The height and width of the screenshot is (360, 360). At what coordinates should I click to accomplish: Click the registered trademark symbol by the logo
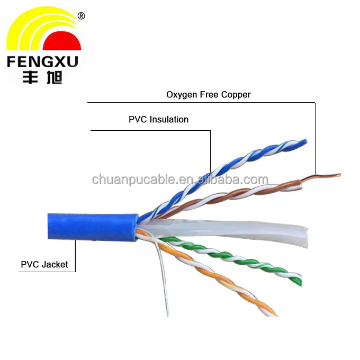pyautogui.click(x=82, y=16)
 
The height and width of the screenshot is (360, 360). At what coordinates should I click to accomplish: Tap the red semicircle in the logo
pyautogui.click(x=62, y=42)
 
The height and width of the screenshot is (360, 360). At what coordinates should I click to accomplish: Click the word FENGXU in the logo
pyautogui.click(x=42, y=61)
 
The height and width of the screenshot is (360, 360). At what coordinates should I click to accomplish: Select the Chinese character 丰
pyautogui.click(x=30, y=77)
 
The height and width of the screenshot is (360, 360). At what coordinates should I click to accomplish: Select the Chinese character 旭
pyautogui.click(x=54, y=77)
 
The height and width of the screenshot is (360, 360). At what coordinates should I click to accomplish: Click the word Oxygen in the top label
pyautogui.click(x=182, y=95)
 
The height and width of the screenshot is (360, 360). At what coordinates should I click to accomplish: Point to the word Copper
pyautogui.click(x=236, y=95)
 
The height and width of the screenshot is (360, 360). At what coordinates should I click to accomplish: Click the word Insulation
pyautogui.click(x=169, y=120)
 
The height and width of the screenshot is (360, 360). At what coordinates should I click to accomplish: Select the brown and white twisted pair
pyautogui.click(x=230, y=196)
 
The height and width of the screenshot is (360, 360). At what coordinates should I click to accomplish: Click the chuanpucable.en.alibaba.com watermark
pyautogui.click(x=180, y=179)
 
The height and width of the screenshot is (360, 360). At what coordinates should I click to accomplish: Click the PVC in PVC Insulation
pyautogui.click(x=138, y=120)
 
